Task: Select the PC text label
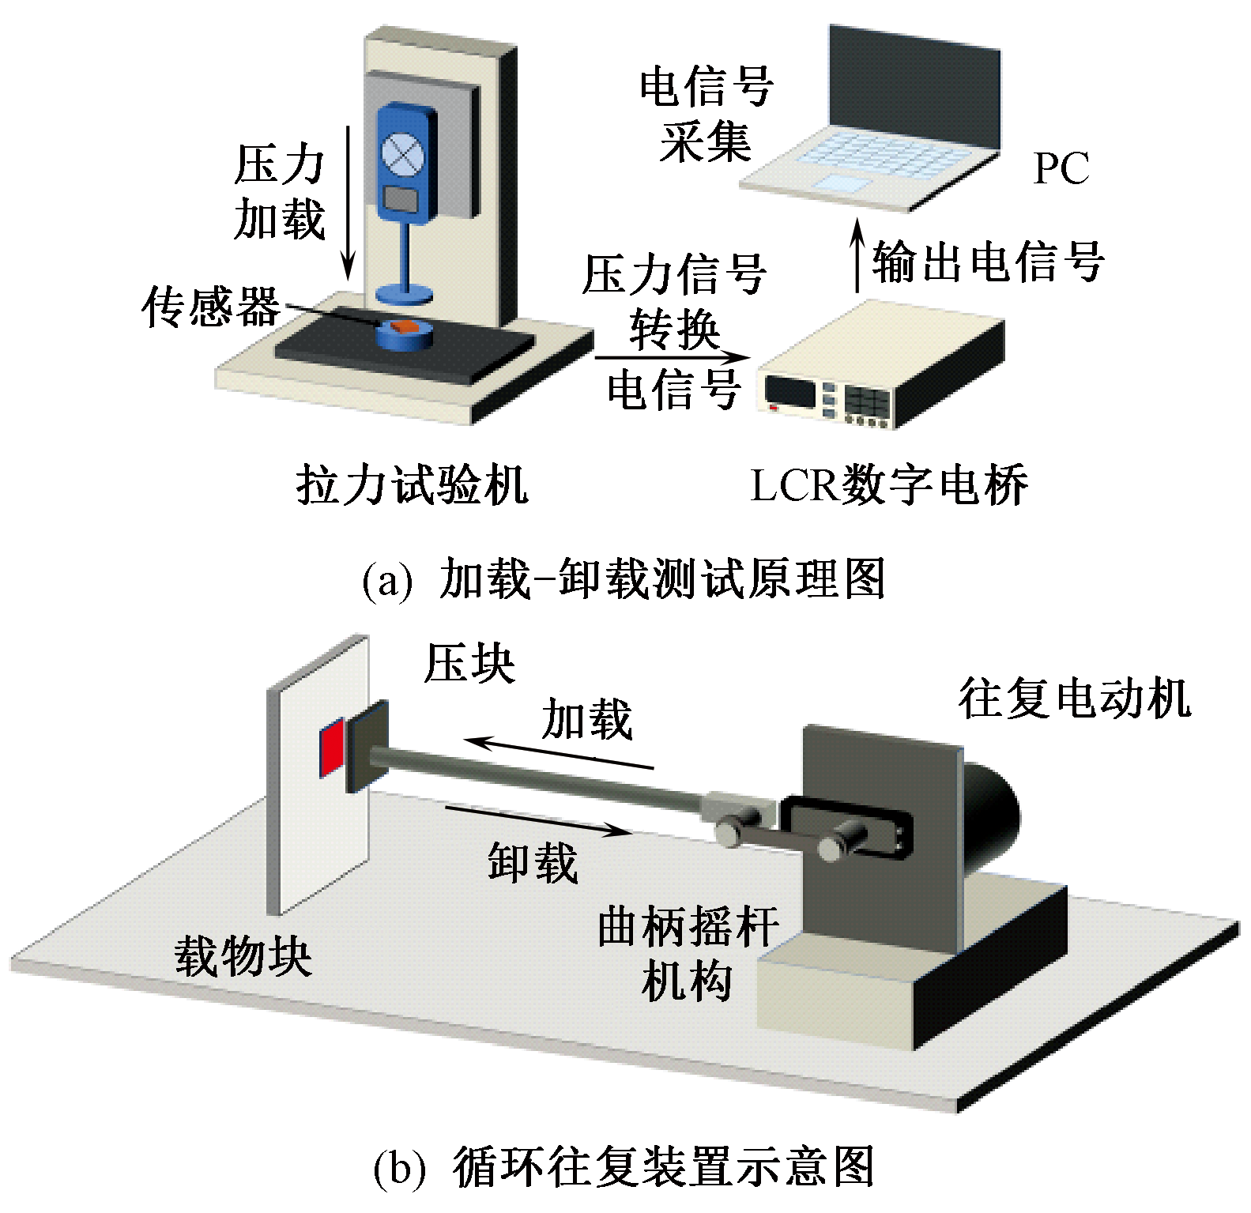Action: [x=1061, y=168]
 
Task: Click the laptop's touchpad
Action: [x=844, y=185]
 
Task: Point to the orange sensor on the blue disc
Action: [x=405, y=326]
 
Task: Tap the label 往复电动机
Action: [x=1075, y=699]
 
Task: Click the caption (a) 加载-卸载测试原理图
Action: [x=624, y=579]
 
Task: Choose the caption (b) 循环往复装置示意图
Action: [x=624, y=1168]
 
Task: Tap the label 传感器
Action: [x=211, y=307]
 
